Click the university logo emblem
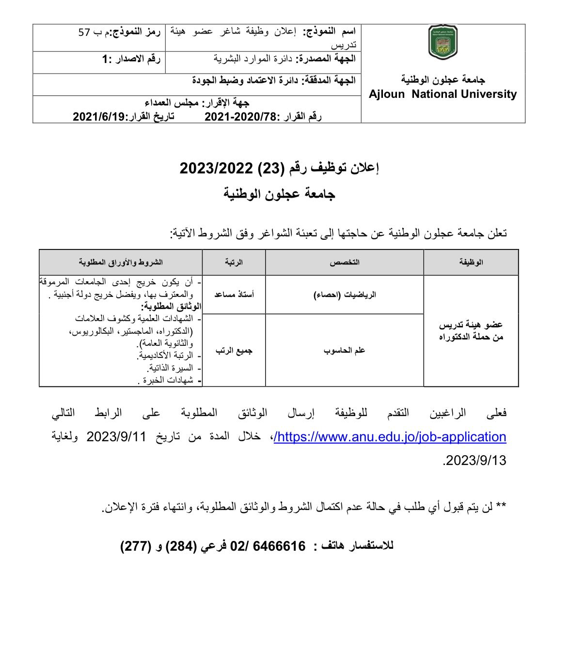click(443, 42)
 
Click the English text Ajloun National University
click(443, 94)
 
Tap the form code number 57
click(84, 32)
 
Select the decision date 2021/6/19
click(99, 116)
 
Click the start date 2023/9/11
click(116, 436)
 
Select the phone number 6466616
click(281, 546)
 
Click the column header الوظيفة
click(471, 262)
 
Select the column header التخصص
click(345, 262)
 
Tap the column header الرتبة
click(234, 262)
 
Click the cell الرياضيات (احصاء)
click(345, 294)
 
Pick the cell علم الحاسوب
click(345, 350)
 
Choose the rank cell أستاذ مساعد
click(234, 294)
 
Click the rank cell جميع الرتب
click(234, 350)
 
